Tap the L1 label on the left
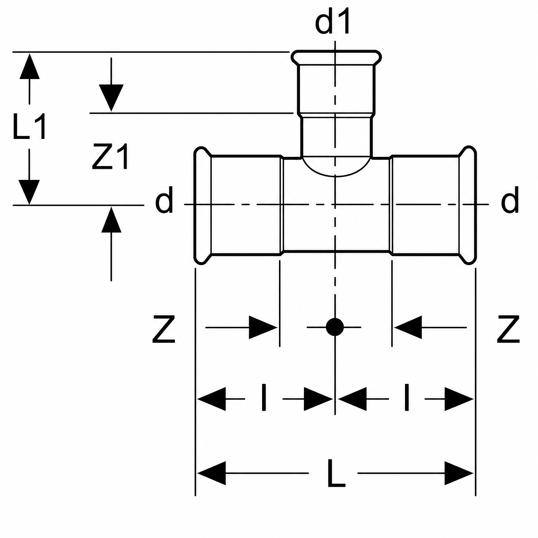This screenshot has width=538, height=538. [x=29, y=126]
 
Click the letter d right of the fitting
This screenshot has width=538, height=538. [x=510, y=200]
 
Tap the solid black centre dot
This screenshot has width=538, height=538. [x=335, y=327]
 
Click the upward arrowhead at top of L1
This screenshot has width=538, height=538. [x=29, y=66]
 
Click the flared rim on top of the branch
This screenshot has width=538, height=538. [x=336, y=58]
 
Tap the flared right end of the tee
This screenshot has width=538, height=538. [x=468, y=205]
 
